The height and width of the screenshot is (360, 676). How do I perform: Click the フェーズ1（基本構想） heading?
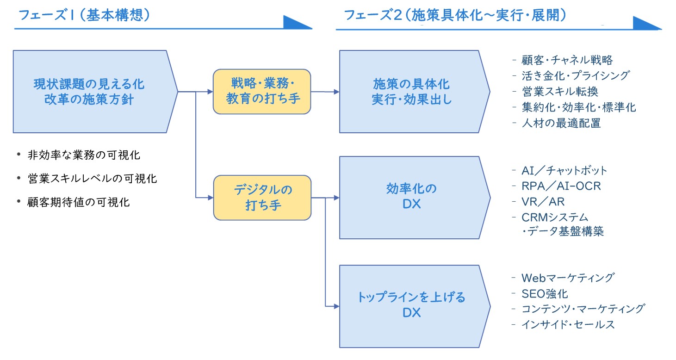point(84,15)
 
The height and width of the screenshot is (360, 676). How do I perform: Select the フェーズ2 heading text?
point(455,15)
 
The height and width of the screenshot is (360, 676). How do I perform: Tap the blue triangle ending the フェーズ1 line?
point(297,22)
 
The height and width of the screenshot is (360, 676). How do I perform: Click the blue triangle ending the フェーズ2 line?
point(647,23)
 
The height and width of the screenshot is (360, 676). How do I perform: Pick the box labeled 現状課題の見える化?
point(95,92)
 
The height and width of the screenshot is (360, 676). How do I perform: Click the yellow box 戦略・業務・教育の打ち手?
point(262,92)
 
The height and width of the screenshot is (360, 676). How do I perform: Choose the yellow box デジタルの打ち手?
point(262,198)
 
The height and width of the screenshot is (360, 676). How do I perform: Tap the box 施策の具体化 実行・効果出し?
point(415,92)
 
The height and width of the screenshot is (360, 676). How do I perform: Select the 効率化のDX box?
point(415,198)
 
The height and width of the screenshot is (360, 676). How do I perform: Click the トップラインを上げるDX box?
point(415,306)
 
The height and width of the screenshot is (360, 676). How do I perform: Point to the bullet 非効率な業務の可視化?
point(84,155)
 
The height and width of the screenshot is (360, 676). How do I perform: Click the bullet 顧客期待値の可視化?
point(79,202)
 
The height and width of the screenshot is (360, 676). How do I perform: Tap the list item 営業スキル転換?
point(560,92)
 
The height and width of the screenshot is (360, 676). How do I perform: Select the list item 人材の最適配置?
point(561,123)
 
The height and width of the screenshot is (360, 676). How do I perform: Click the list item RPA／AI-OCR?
point(561,186)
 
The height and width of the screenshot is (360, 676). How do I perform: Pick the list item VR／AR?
point(543,202)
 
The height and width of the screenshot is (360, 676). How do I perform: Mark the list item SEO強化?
point(545,294)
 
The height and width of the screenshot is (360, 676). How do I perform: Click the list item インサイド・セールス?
point(568,325)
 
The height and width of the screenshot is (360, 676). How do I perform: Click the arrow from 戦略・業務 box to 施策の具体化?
point(325,92)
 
